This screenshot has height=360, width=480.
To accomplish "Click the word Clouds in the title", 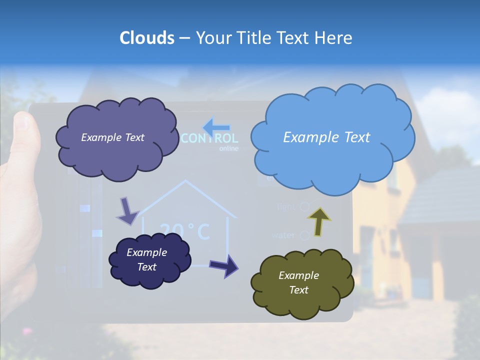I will (147, 38).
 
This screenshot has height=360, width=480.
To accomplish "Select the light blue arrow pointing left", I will (216, 126).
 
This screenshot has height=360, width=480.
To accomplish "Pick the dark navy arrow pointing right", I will (224, 265).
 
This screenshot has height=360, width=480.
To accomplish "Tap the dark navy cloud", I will (149, 260).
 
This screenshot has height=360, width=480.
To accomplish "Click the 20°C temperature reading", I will (185, 231).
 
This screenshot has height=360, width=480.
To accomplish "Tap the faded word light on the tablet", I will (286, 207).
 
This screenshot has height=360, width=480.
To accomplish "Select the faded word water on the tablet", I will (283, 235).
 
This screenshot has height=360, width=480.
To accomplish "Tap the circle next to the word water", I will (304, 235).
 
